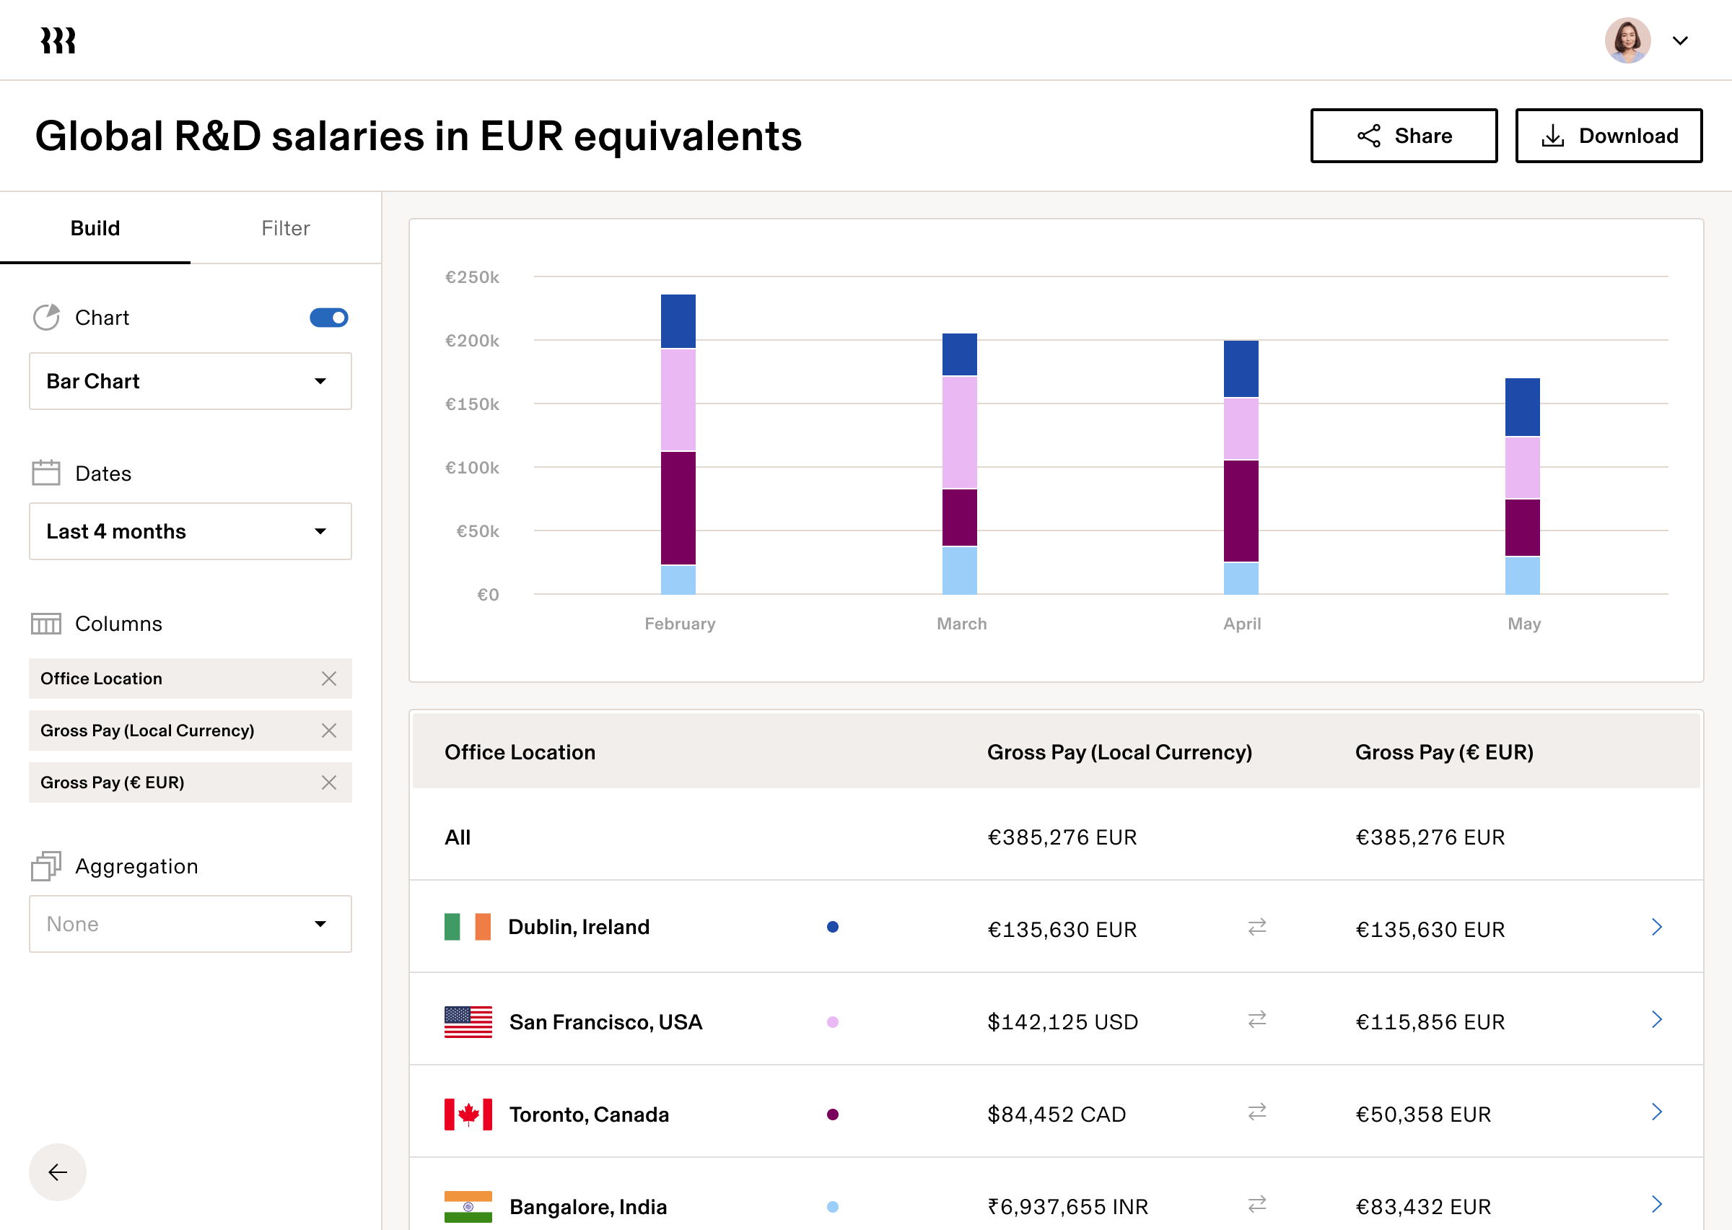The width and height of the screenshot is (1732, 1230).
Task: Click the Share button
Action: point(1404,136)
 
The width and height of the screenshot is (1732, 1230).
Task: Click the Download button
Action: point(1609,136)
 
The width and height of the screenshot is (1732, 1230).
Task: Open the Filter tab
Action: point(285,228)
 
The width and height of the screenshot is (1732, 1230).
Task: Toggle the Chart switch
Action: point(328,318)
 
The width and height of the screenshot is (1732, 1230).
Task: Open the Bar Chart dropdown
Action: point(190,381)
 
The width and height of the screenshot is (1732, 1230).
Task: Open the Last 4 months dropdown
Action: point(190,531)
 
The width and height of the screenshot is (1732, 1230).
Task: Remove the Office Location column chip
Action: point(328,679)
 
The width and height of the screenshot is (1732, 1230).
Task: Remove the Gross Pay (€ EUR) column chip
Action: point(328,782)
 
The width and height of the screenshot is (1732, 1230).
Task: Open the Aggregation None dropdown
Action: point(190,924)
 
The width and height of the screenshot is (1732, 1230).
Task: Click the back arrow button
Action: point(58,1172)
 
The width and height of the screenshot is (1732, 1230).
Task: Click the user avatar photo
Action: point(1627,41)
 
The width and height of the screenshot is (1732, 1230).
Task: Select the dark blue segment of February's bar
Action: point(678,321)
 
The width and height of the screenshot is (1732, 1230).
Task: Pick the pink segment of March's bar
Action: point(959,432)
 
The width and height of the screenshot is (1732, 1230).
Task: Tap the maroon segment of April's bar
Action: point(1241,510)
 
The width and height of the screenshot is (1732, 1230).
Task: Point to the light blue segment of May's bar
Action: point(1522,575)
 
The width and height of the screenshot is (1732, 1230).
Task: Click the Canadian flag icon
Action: point(468,1114)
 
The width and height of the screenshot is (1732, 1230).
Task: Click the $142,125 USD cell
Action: point(1062,1021)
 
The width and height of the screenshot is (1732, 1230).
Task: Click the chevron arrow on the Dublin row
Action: point(1656,927)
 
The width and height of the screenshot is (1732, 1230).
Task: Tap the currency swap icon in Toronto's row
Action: point(1256,1112)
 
